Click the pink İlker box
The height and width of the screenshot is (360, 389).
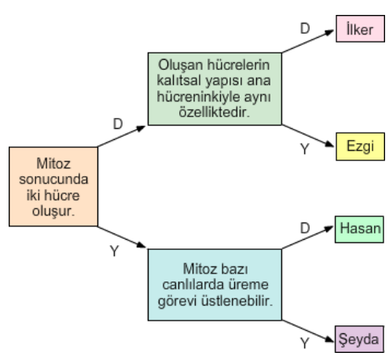coord(360,28)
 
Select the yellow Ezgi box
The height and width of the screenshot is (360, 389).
coord(360,146)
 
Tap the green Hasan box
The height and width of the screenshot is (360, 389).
coord(359,230)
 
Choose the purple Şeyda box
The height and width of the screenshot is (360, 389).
coord(359,339)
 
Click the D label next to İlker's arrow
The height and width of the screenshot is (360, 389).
coord(305,28)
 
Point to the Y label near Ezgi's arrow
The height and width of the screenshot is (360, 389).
coord(305,149)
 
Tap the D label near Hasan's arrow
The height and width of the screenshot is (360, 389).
coord(305,228)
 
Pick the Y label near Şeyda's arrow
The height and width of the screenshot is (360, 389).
coord(305,343)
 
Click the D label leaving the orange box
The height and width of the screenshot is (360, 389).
coord(118,123)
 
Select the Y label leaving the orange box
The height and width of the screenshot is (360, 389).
coord(115,251)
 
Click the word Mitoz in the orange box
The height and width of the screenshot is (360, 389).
coord(53,163)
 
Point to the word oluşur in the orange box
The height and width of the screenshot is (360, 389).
coord(53,211)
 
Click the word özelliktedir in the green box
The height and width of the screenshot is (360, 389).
coord(215,112)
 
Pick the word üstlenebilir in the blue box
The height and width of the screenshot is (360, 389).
coord(237,300)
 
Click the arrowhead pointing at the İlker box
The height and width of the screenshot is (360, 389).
coord(329,32)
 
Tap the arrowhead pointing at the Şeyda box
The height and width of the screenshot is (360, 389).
coord(329,340)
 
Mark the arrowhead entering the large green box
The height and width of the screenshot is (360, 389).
coord(141,128)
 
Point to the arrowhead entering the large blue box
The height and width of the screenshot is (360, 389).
coord(141,244)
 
